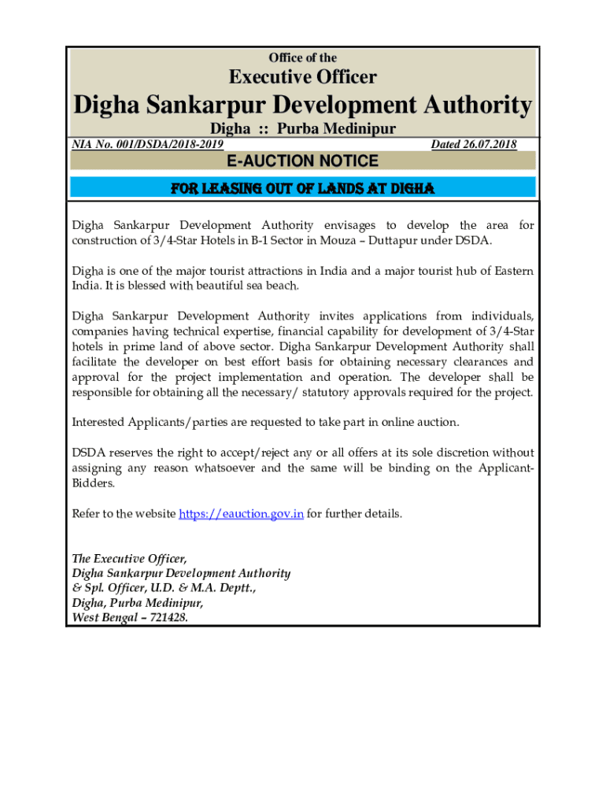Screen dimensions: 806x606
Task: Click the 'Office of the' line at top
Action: (303, 57)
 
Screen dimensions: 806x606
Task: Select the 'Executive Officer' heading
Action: (303, 77)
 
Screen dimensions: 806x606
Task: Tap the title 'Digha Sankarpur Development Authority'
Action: (303, 105)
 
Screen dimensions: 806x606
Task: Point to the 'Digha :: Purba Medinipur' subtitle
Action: (303, 129)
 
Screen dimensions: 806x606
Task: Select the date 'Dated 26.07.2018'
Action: (474, 144)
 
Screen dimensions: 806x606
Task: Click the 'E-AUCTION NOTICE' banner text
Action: (303, 161)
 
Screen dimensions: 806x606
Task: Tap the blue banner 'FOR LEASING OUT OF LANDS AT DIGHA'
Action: (303, 188)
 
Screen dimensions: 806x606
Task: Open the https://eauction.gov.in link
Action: (241, 514)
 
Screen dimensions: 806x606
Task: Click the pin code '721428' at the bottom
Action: (165, 618)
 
